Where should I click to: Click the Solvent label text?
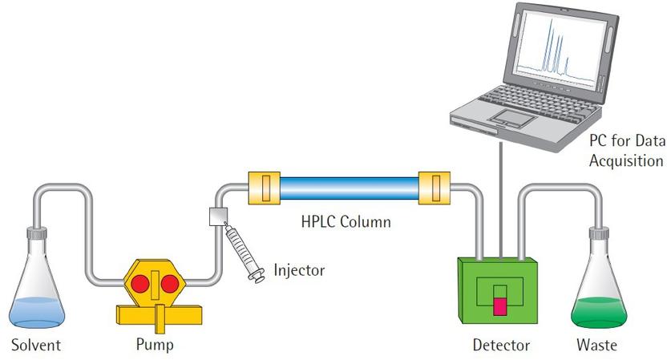[35, 346]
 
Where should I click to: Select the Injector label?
[299, 270]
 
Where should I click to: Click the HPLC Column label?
[346, 221]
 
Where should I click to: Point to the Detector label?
[501, 346]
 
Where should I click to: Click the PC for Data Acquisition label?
[626, 151]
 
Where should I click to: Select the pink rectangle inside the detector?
[501, 305]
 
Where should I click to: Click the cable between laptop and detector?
[501, 200]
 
